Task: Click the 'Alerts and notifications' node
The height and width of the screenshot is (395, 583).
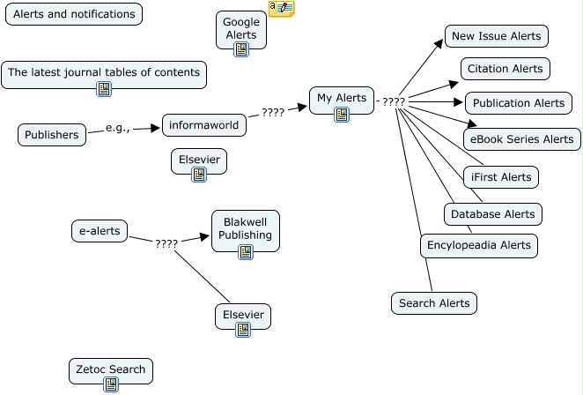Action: pos(74,14)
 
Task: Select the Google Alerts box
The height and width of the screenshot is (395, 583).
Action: pos(241,30)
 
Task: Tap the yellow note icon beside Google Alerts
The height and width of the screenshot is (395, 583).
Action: pos(282,9)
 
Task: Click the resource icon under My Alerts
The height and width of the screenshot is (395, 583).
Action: pos(342,115)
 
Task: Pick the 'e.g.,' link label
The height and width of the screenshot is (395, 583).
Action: pos(118,128)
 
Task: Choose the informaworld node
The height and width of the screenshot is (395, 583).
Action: pos(204,125)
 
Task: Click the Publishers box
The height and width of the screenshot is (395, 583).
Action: pos(52,135)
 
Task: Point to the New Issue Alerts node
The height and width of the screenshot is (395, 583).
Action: pos(497,36)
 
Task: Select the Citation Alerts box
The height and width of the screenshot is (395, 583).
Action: pos(506,69)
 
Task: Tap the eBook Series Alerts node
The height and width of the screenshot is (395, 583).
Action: pos(522,139)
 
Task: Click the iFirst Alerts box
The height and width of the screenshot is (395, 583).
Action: pos(501,177)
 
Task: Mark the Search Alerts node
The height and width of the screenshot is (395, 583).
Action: pos(434,303)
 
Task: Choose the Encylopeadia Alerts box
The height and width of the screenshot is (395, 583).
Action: pos(479,245)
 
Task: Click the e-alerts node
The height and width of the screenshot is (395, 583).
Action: pos(100,231)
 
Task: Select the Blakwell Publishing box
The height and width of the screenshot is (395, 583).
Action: pos(246,231)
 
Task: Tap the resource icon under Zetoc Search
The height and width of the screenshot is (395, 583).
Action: pos(111,384)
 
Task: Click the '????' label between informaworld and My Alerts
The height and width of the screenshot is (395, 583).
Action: pos(273,113)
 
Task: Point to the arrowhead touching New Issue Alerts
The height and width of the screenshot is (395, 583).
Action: pos(439,43)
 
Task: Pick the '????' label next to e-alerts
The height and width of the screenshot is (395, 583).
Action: pos(166,244)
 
